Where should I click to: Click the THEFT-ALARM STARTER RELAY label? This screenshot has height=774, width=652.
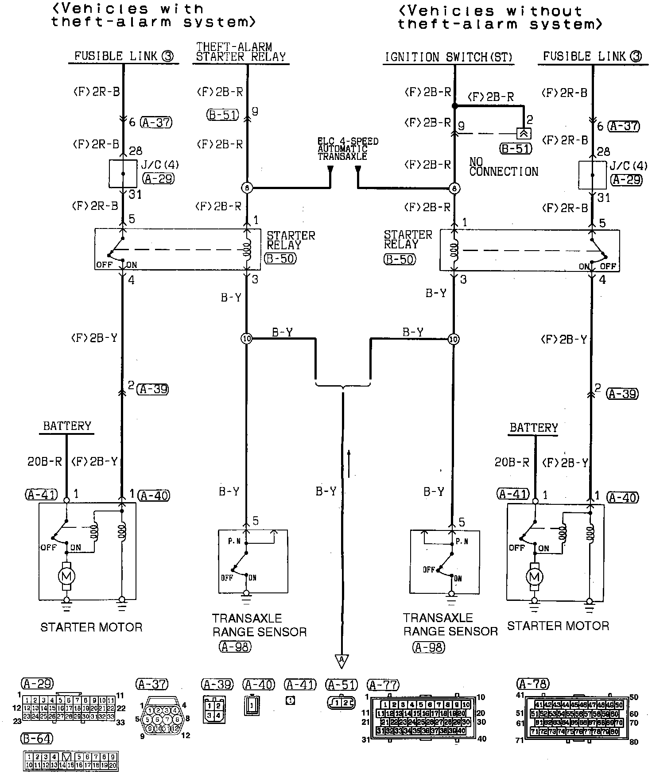[241, 52]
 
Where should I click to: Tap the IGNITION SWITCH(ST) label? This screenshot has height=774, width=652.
[448, 57]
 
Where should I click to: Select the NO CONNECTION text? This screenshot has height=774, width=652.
[503, 167]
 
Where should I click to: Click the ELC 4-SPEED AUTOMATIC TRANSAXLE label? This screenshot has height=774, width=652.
[348, 149]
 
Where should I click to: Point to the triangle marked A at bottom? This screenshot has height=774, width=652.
[342, 661]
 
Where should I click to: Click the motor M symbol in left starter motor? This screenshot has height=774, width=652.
[67, 576]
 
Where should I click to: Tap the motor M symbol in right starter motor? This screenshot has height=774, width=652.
[535, 577]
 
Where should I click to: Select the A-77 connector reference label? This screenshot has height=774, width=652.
[384, 685]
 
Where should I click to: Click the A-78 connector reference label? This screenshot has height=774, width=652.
[533, 684]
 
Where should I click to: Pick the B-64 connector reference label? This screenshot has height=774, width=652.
[37, 739]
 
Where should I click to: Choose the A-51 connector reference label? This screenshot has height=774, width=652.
[341, 685]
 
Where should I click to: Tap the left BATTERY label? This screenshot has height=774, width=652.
[67, 426]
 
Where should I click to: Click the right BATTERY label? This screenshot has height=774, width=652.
[534, 428]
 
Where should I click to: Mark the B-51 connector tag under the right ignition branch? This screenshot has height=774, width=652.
[516, 148]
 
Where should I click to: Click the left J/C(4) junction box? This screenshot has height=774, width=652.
[123, 174]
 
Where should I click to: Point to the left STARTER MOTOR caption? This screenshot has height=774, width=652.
[91, 627]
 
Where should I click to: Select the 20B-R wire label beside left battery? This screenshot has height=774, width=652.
[45, 461]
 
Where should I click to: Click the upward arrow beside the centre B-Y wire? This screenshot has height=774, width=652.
[349, 464]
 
